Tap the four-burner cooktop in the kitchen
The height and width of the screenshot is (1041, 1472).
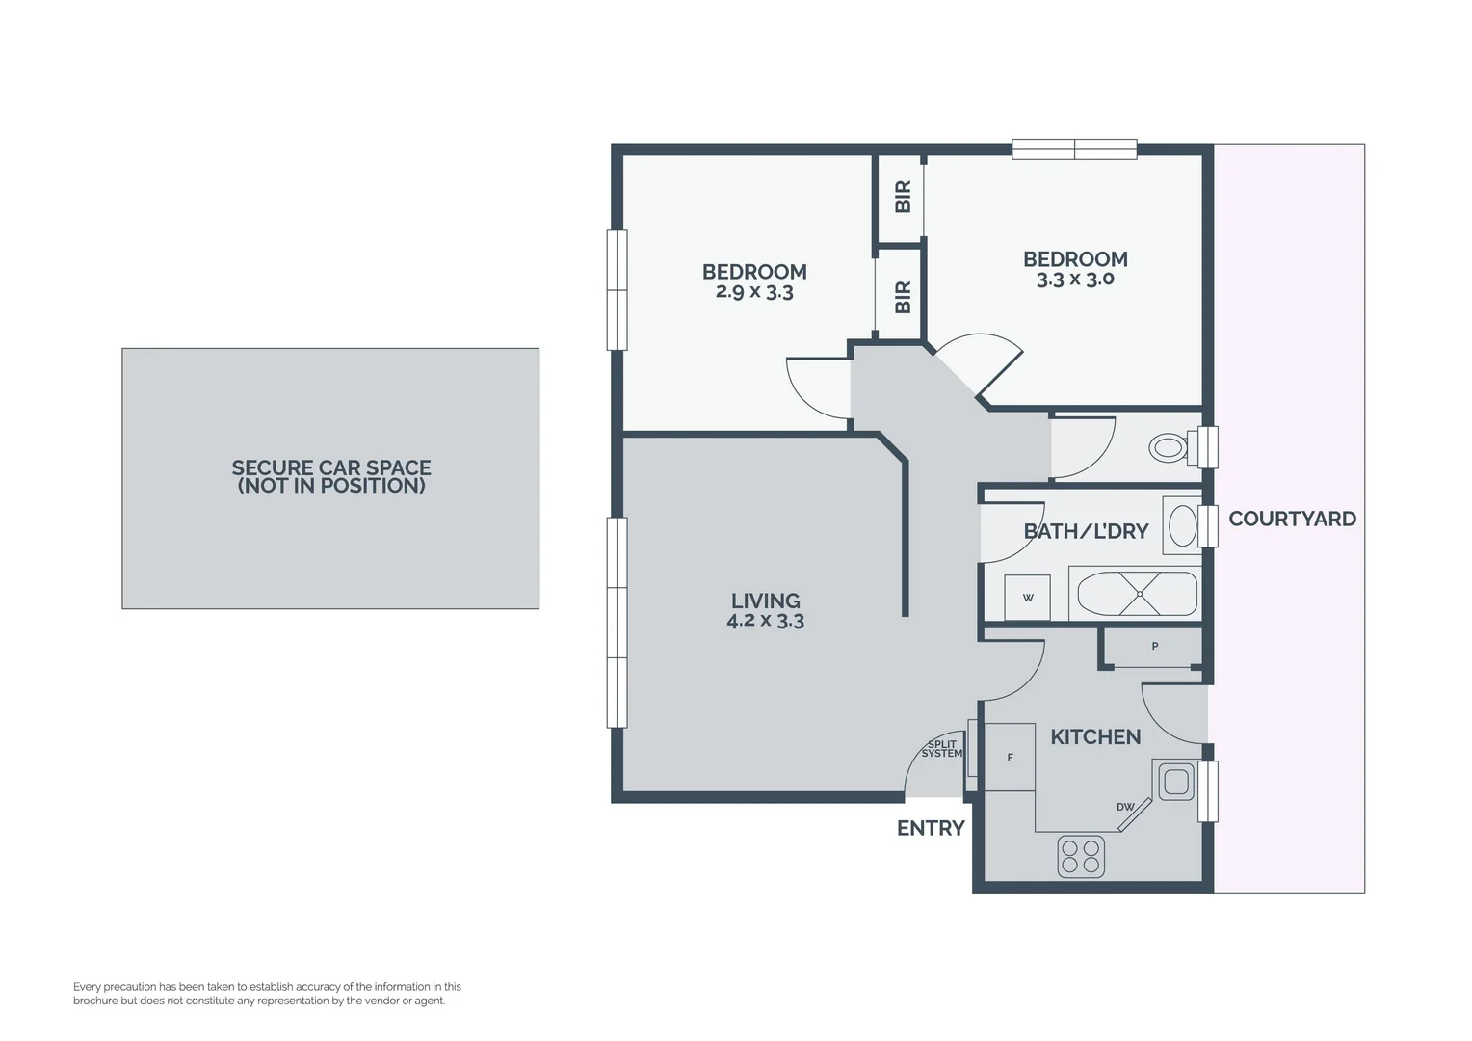pyautogui.click(x=1081, y=856)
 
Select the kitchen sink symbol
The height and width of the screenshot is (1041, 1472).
pyautogui.click(x=1174, y=781)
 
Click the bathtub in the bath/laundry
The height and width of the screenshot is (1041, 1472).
pyautogui.click(x=1136, y=595)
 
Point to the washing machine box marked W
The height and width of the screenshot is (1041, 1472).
pyautogui.click(x=1027, y=599)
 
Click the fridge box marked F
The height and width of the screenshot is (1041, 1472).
pyautogui.click(x=1010, y=758)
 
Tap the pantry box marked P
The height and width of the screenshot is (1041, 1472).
pyautogui.click(x=1154, y=647)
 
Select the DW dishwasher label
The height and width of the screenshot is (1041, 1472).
pyautogui.click(x=1124, y=807)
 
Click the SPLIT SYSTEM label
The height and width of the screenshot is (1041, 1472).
pyautogui.click(x=941, y=749)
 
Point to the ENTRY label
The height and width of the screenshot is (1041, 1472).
pyautogui.click(x=931, y=828)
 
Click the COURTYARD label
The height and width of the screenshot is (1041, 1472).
pyautogui.click(x=1292, y=519)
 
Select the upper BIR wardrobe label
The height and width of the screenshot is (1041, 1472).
pyautogui.click(x=903, y=197)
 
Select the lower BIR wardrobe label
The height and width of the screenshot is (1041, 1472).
pyautogui.click(x=903, y=297)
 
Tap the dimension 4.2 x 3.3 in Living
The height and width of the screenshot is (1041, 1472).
pyautogui.click(x=765, y=622)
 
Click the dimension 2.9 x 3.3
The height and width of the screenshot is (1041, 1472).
pyautogui.click(x=754, y=292)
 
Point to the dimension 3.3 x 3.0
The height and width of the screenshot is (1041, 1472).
pyautogui.click(x=1075, y=280)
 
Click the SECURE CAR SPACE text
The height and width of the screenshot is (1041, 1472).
pyautogui.click(x=330, y=468)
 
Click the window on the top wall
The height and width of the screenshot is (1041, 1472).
pyautogui.click(x=1074, y=149)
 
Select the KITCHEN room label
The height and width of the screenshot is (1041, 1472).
pyautogui.click(x=1095, y=737)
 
